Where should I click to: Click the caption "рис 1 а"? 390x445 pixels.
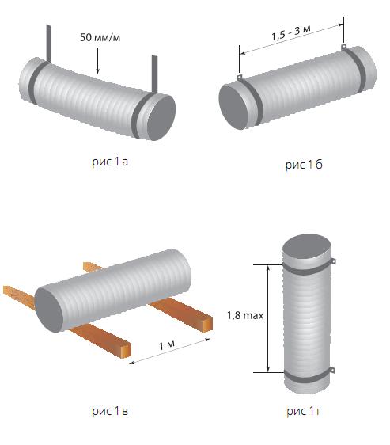coord(110,162)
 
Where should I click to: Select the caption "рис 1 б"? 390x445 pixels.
coord(304,165)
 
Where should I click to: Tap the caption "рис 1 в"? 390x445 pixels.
coord(110,411)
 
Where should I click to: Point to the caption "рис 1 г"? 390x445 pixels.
coord(304,411)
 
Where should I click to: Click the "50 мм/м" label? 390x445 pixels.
coord(100,37)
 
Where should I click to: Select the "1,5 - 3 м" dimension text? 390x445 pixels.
coord(291,32)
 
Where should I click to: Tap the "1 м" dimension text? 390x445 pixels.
coord(166,344)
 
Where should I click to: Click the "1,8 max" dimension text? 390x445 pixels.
coord(245,315)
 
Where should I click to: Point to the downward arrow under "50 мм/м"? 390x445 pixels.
coord(98,61)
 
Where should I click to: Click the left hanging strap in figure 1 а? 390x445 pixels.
coord(49,44)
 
